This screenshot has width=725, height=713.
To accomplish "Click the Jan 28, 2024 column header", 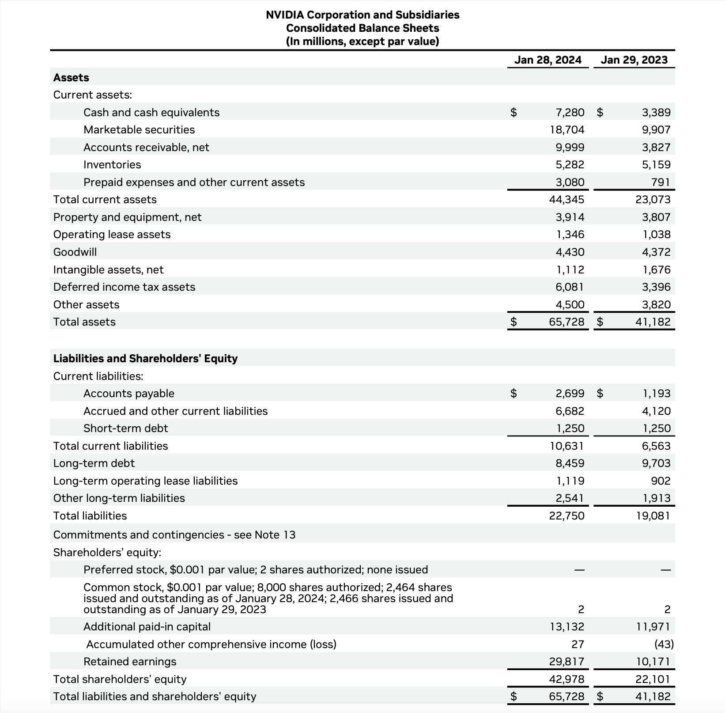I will [548, 60].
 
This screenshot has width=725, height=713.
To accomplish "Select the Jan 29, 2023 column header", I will [634, 60].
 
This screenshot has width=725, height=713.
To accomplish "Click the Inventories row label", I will [112, 165].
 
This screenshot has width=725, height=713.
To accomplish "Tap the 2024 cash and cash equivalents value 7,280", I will [570, 112].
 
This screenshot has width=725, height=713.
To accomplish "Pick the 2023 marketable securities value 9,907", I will [656, 130].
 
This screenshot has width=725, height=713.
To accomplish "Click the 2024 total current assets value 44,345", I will [566, 200].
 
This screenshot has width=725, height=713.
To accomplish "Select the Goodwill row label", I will [75, 252].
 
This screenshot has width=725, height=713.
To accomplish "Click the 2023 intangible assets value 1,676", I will [656, 269].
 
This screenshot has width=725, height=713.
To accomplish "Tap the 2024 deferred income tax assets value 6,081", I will [570, 287].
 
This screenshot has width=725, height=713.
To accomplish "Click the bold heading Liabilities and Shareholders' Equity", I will [145, 358].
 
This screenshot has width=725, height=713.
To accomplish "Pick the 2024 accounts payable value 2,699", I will [570, 393].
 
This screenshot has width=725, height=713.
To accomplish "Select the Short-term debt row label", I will [126, 429].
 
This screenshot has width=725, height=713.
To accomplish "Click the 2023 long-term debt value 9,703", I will [656, 463].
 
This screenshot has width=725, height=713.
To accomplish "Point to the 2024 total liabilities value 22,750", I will [566, 516].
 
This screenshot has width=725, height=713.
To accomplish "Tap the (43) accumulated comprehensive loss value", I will [664, 645].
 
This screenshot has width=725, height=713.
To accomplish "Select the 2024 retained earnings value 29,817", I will [566, 662].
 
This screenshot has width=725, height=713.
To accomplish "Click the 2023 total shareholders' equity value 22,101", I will [653, 679].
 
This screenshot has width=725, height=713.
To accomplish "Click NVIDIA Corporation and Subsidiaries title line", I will [362, 15].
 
